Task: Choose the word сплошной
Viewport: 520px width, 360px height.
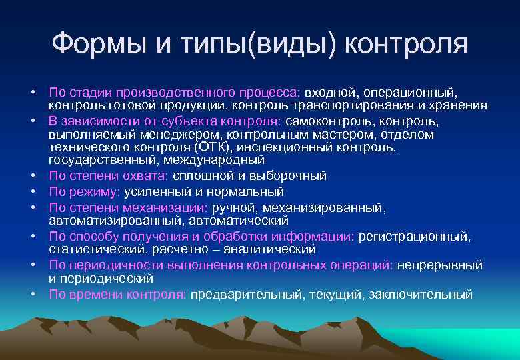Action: (199, 176)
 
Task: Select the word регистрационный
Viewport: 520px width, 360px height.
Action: (414, 236)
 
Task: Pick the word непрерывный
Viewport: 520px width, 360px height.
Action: (440, 265)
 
